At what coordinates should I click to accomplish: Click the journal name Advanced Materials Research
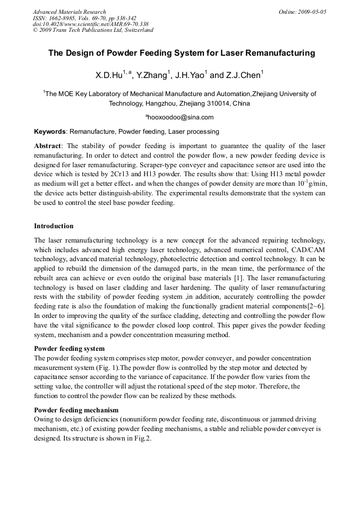pos(69,12)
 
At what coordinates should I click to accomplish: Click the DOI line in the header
pos(90,24)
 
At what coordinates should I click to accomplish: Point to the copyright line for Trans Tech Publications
pos(93,30)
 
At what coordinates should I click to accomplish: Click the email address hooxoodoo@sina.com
pos(181,117)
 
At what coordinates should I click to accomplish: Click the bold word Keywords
pos(50,131)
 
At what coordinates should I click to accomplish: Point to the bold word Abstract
pos(48,145)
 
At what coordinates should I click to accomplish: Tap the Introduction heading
pos(54,226)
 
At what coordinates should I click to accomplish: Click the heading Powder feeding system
pos(69,349)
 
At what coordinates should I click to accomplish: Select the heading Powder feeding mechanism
pos(76,410)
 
